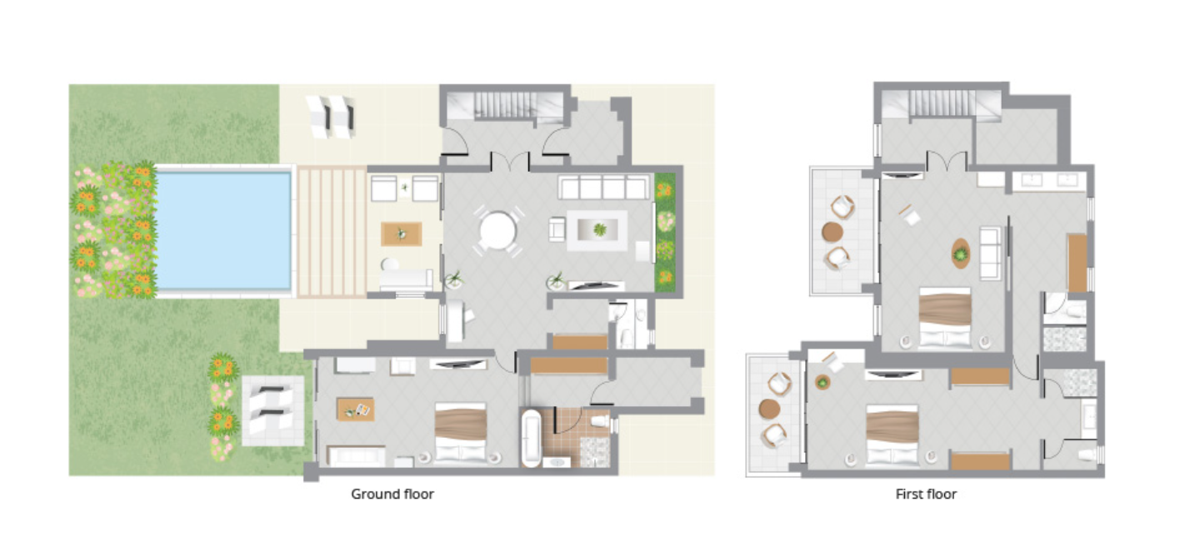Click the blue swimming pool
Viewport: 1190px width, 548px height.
point(223,231)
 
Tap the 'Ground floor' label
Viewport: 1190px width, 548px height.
point(392,495)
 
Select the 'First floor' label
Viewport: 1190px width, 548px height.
point(926,495)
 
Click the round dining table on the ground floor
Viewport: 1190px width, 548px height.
point(497,231)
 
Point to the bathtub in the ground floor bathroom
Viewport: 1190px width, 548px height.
point(531,438)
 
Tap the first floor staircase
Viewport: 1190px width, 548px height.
point(942,103)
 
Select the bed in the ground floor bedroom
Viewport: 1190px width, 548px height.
point(461,433)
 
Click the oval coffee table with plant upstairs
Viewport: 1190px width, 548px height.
point(961,254)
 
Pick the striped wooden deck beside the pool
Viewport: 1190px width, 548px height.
point(332,231)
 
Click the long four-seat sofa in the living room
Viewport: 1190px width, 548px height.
point(603,187)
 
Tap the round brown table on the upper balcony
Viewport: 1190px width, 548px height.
point(832,232)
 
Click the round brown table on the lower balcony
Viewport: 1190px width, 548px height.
point(769,410)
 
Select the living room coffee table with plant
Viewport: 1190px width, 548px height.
point(597,230)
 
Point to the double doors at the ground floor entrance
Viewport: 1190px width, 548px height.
point(510,161)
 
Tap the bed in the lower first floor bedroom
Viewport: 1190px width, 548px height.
point(892,435)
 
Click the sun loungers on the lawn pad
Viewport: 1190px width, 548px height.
point(272,410)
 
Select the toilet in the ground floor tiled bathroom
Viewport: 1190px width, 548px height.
point(601,422)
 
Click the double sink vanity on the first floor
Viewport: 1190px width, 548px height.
point(1050,181)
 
